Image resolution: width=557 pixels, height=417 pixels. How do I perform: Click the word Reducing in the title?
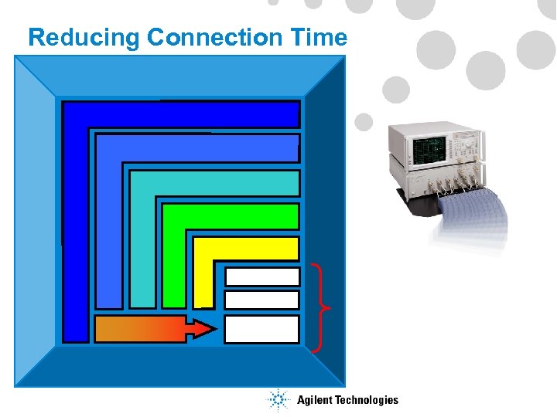pos(84,37)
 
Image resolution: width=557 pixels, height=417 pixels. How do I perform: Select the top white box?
pos(261,276)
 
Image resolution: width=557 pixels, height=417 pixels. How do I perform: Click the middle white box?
pos(261,300)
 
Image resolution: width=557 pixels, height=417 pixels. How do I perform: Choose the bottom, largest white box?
pos(261,329)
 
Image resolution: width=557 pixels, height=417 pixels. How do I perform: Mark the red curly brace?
pos(321,307)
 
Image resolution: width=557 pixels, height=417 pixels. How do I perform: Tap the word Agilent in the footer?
pos(313,400)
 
